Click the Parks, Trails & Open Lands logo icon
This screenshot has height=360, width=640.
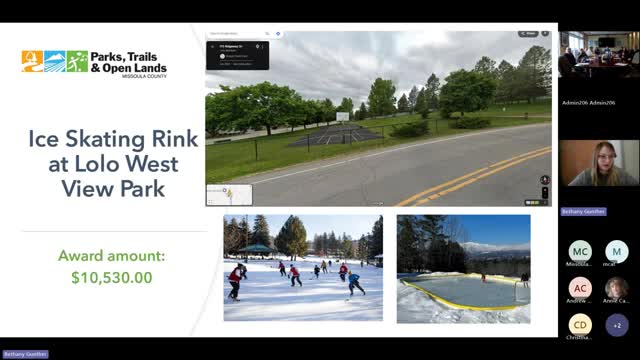(x=54, y=62)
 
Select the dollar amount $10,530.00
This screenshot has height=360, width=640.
(x=111, y=276)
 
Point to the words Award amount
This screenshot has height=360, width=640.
(x=111, y=255)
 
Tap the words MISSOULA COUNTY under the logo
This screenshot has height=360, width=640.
(x=142, y=76)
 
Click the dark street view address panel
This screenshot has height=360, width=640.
(x=236, y=55)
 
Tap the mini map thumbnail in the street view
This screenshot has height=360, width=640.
(x=228, y=194)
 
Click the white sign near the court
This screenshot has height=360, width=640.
(x=342, y=117)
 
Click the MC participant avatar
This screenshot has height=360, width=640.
(x=580, y=251)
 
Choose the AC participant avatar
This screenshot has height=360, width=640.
(x=580, y=288)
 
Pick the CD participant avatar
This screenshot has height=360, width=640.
(x=580, y=325)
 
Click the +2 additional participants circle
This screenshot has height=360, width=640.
(x=616, y=325)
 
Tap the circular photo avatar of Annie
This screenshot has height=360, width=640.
(x=616, y=288)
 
